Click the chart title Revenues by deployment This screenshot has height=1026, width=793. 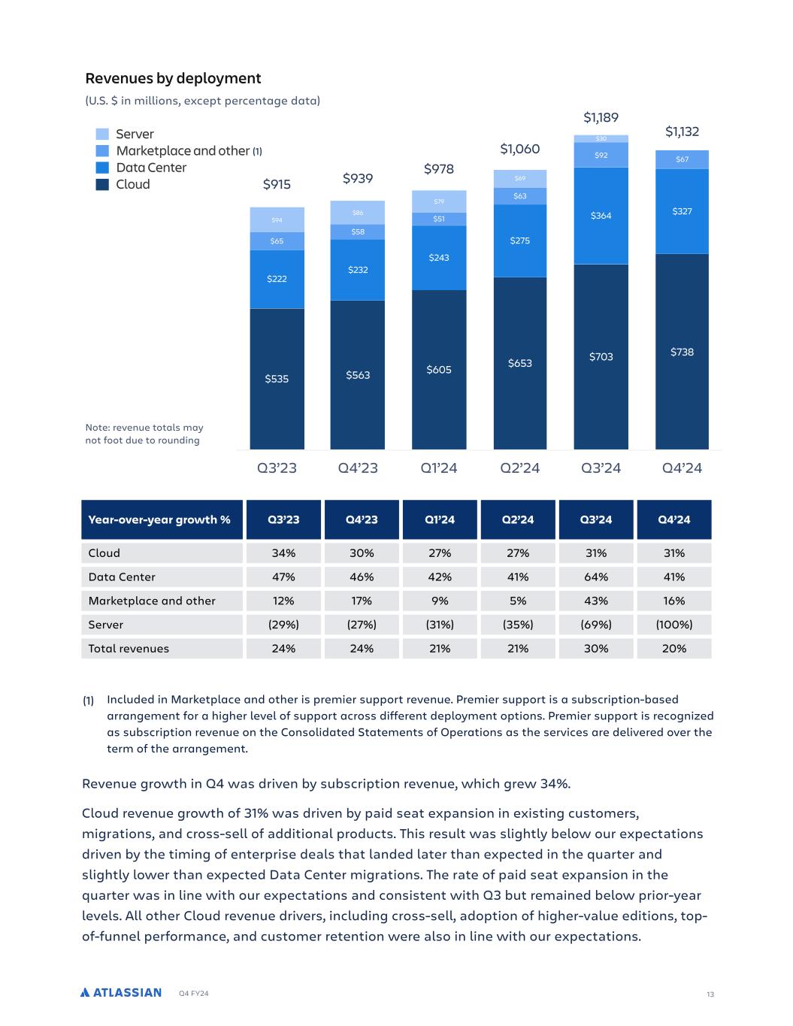[x=173, y=78]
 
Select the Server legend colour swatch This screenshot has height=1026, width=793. [x=102, y=134]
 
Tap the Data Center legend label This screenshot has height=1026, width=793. [x=150, y=168]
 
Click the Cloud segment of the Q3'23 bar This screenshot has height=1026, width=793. [x=277, y=379]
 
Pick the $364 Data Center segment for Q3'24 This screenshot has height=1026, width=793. [x=601, y=216]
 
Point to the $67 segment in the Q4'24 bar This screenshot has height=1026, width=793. [x=682, y=159]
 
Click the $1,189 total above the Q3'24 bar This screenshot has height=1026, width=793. [x=601, y=117]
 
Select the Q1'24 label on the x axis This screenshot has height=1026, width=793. [x=439, y=468]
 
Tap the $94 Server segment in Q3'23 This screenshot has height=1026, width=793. [x=277, y=219]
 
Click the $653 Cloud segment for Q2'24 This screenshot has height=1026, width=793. [x=519, y=363]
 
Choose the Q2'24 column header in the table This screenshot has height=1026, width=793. [x=518, y=519]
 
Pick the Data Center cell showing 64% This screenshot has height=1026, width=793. [x=596, y=577]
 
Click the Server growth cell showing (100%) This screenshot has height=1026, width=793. [x=674, y=625]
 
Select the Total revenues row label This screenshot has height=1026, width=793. [x=129, y=649]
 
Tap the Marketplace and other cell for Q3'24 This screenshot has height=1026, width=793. [x=596, y=601]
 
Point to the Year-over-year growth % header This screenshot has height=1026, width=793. [x=159, y=519]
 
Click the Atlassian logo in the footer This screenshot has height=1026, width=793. [x=121, y=992]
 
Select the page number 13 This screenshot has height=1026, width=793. [x=710, y=994]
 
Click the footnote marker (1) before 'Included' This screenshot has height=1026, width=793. [x=88, y=701]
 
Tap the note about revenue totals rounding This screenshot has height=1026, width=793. [x=144, y=434]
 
